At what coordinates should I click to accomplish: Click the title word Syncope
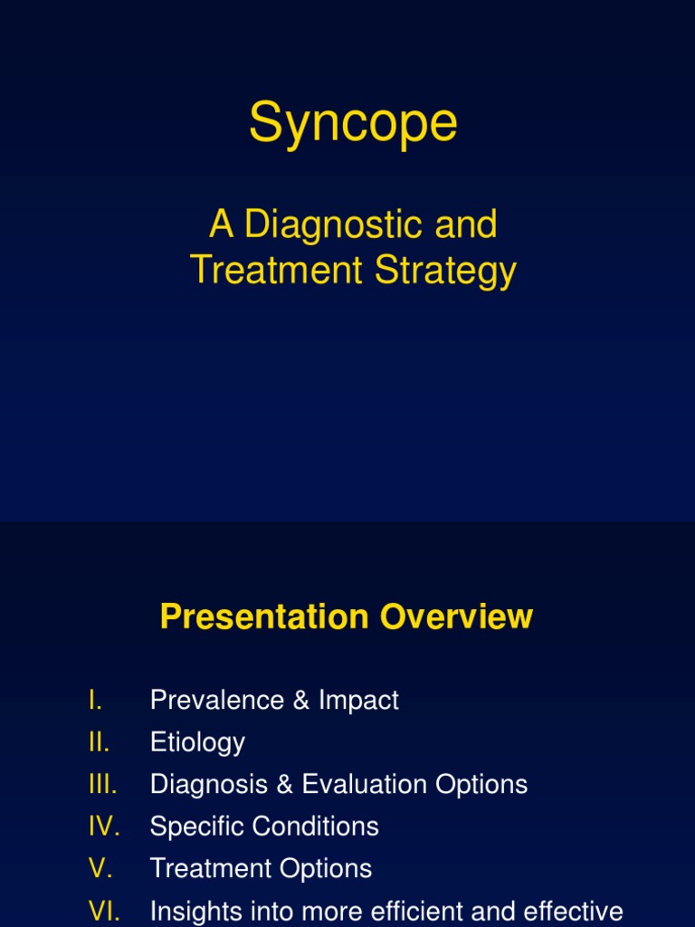[353, 124]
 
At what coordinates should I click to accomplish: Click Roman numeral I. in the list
[96, 700]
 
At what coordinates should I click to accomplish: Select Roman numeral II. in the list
[100, 742]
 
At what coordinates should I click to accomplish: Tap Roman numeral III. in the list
[103, 784]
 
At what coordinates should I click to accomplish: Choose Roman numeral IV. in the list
[104, 827]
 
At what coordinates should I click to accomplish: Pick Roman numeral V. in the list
[100, 868]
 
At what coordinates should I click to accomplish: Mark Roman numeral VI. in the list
[104, 911]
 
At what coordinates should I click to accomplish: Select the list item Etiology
[197, 742]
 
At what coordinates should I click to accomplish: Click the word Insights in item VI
[194, 911]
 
